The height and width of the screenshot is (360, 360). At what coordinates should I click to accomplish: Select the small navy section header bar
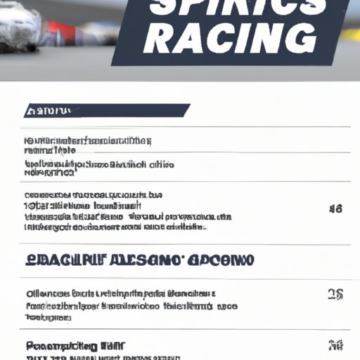tap(105, 110)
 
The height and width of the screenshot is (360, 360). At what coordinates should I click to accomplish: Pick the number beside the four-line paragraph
tap(335, 209)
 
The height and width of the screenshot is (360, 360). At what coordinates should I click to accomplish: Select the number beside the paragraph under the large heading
tap(335, 296)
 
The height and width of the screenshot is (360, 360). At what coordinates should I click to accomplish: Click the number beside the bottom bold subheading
tap(335, 345)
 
